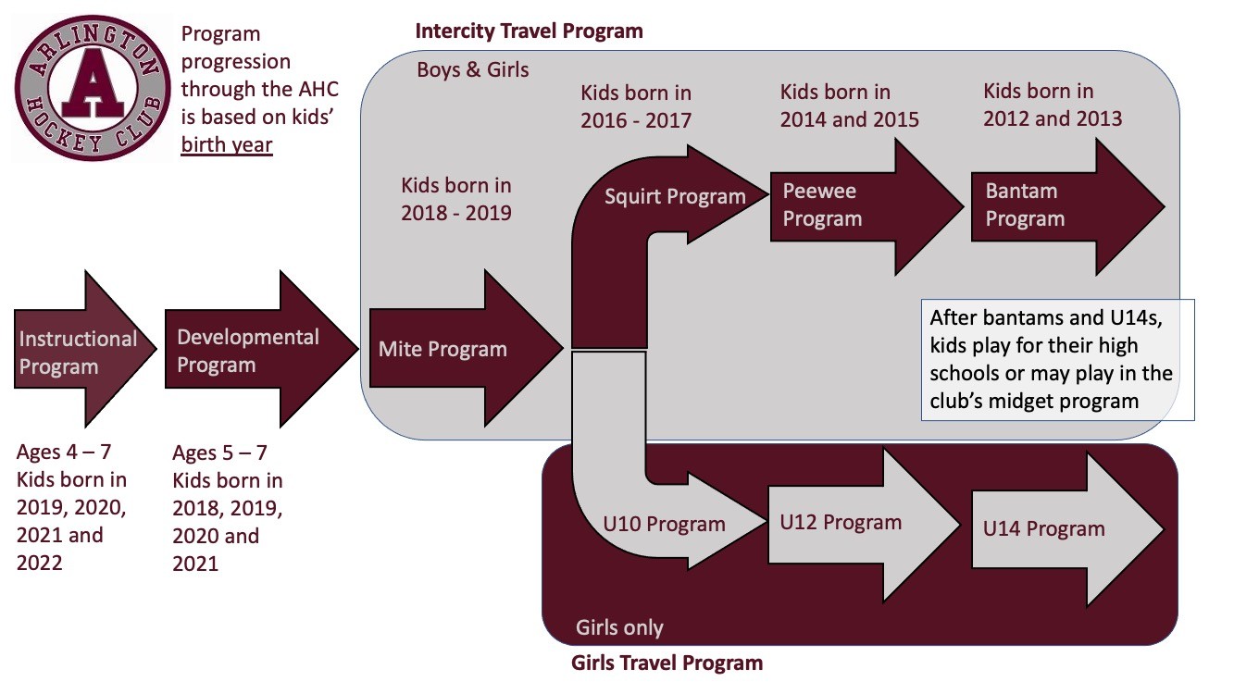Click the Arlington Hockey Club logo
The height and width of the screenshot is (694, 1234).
(x=90, y=90)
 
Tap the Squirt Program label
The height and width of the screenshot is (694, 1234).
(x=675, y=196)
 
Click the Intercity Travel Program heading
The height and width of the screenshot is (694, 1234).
(x=529, y=31)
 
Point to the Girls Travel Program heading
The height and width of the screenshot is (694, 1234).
(x=667, y=663)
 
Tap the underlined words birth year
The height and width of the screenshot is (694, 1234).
(x=227, y=145)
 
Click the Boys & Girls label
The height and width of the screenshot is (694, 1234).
(x=473, y=69)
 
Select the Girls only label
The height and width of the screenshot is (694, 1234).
(x=619, y=627)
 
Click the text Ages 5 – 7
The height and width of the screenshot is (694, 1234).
(x=219, y=453)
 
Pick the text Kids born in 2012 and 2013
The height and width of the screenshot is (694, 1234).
(x=1052, y=105)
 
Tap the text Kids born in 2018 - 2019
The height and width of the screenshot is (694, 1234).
(x=455, y=199)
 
